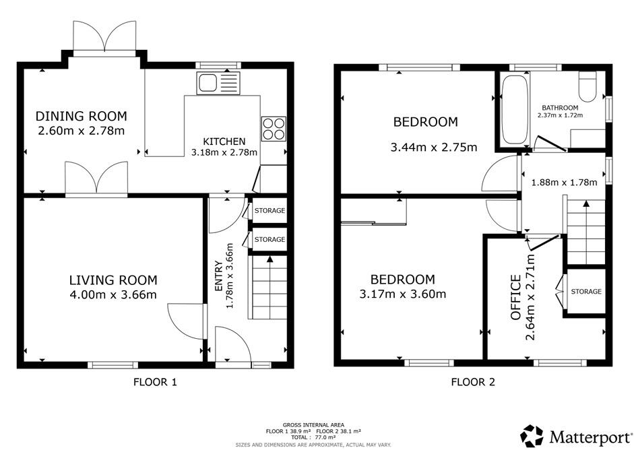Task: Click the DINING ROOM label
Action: [81, 116]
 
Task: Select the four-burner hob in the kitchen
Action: [273, 128]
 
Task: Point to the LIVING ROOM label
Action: [113, 280]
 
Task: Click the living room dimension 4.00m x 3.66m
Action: [113, 294]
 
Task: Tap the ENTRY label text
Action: [219, 277]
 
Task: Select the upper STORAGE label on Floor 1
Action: [270, 211]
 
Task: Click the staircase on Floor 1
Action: [270, 288]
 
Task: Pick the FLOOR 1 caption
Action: [155, 382]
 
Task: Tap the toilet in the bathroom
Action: [588, 88]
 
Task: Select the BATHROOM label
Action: [560, 108]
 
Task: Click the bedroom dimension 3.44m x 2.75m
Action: [435, 148]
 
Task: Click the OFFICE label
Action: [515, 297]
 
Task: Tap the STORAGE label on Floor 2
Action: [585, 292]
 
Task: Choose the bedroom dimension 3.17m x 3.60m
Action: [403, 294]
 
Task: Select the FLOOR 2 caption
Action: [473, 382]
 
